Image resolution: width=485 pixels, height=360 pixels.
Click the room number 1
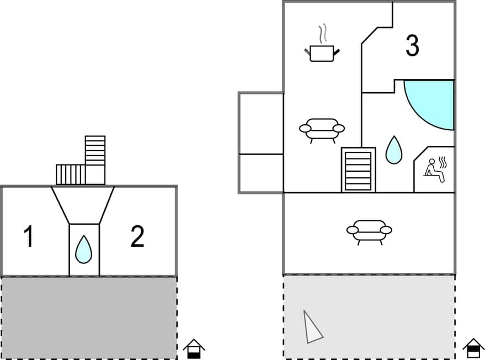28,237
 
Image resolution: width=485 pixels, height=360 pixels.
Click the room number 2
137,237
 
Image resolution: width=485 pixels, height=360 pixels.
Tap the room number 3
412,46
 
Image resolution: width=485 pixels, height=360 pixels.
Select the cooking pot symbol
322,53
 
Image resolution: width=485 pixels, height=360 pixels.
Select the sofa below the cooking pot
322,130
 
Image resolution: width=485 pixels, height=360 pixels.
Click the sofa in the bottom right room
369,231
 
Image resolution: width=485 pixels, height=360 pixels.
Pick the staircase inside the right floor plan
358,170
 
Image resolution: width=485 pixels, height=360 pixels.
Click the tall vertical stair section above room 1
95,150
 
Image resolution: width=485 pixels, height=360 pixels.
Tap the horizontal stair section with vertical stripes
71,174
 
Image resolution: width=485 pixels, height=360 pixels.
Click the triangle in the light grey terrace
312,326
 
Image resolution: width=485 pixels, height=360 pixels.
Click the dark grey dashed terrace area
88,317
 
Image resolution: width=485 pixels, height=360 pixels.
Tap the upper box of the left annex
261,123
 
